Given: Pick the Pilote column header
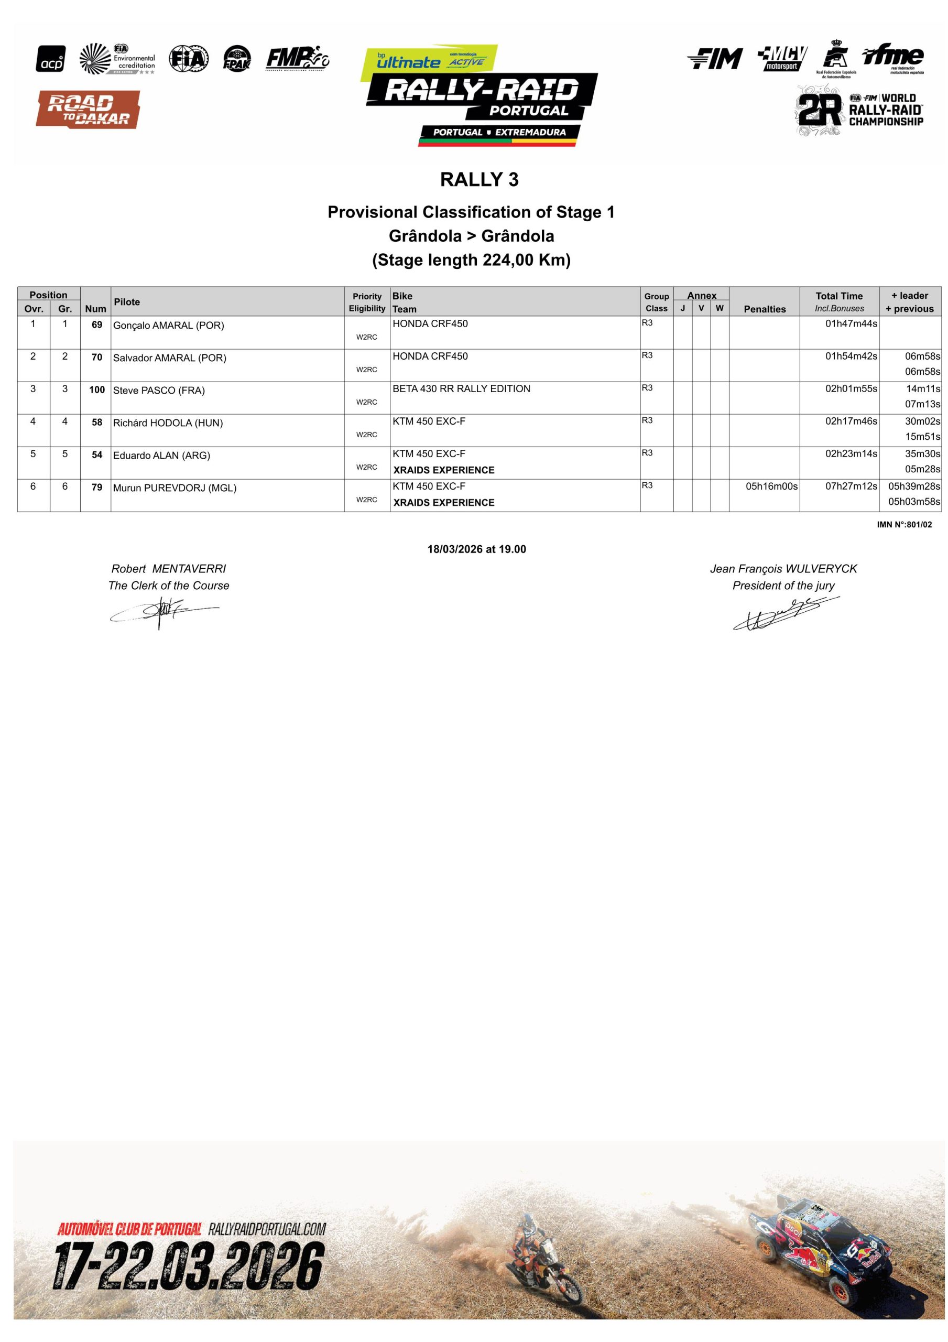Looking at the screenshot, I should (x=127, y=301).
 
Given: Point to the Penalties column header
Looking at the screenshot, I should (x=764, y=309).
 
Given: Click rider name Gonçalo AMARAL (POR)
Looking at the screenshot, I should (x=168, y=326).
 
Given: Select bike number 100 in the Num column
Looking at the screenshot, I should (x=96, y=390).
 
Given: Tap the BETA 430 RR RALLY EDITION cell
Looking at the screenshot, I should (x=461, y=388).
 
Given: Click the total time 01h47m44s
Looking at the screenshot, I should (x=851, y=324).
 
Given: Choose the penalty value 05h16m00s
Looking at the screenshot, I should (x=771, y=486).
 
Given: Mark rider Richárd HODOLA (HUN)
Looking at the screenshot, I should (x=168, y=423).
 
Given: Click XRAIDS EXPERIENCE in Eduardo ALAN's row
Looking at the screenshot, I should (x=444, y=470).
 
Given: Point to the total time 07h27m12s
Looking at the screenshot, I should (x=851, y=486).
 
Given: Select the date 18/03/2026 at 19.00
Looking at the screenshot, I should (x=476, y=549).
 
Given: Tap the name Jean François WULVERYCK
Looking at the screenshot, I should (x=782, y=569).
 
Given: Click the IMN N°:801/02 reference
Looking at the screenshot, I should (x=903, y=525).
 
